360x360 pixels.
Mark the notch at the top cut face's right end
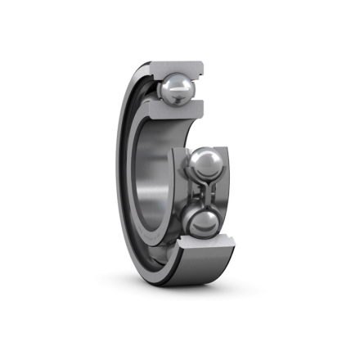[x=200, y=65]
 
